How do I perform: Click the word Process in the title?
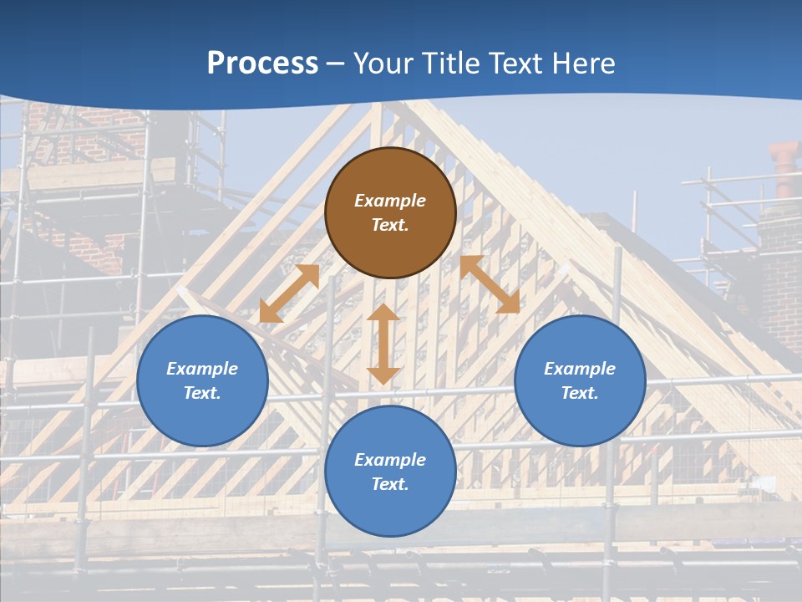coord(262,64)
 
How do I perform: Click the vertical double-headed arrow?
coord(383,344)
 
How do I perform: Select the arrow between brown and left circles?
coord(289,293)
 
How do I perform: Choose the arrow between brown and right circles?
coord(490,284)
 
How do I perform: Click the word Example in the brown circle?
coord(390,201)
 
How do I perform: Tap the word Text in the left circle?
coord(202,393)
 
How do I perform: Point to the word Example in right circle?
coord(580,369)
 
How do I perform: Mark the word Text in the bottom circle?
coord(390,484)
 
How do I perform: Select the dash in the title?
coord(335,64)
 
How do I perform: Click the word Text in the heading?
coord(517,64)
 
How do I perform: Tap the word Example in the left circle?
coord(202,369)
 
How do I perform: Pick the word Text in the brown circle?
coord(390,225)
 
